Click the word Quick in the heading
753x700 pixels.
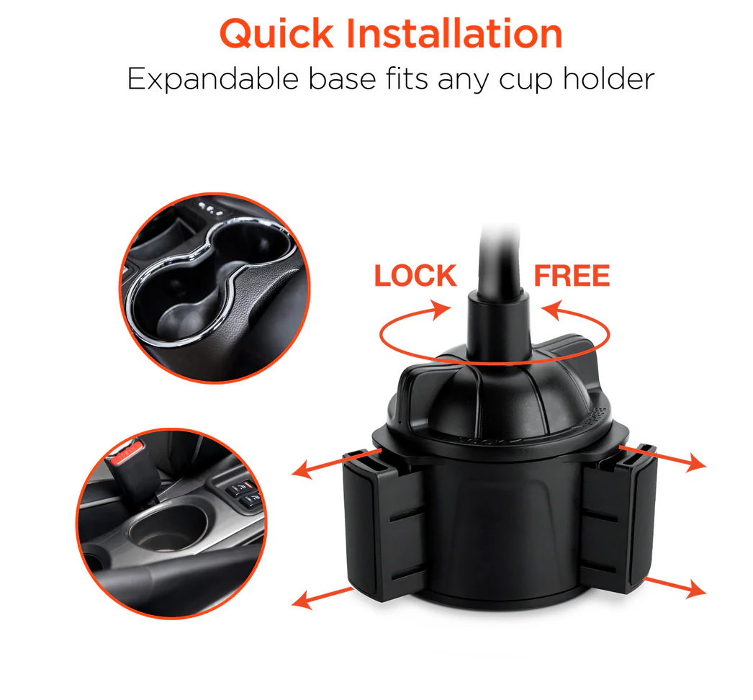276,35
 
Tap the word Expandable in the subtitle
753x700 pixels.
213,80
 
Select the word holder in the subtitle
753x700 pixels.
609,78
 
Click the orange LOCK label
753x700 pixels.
415,276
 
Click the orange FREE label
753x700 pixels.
572,276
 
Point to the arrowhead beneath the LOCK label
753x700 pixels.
441,309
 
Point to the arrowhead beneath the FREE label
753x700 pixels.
551,310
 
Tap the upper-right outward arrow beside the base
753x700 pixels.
662,458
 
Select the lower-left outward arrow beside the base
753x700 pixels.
323,598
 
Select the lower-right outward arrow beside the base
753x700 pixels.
675,588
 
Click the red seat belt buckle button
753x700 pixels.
127,453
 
